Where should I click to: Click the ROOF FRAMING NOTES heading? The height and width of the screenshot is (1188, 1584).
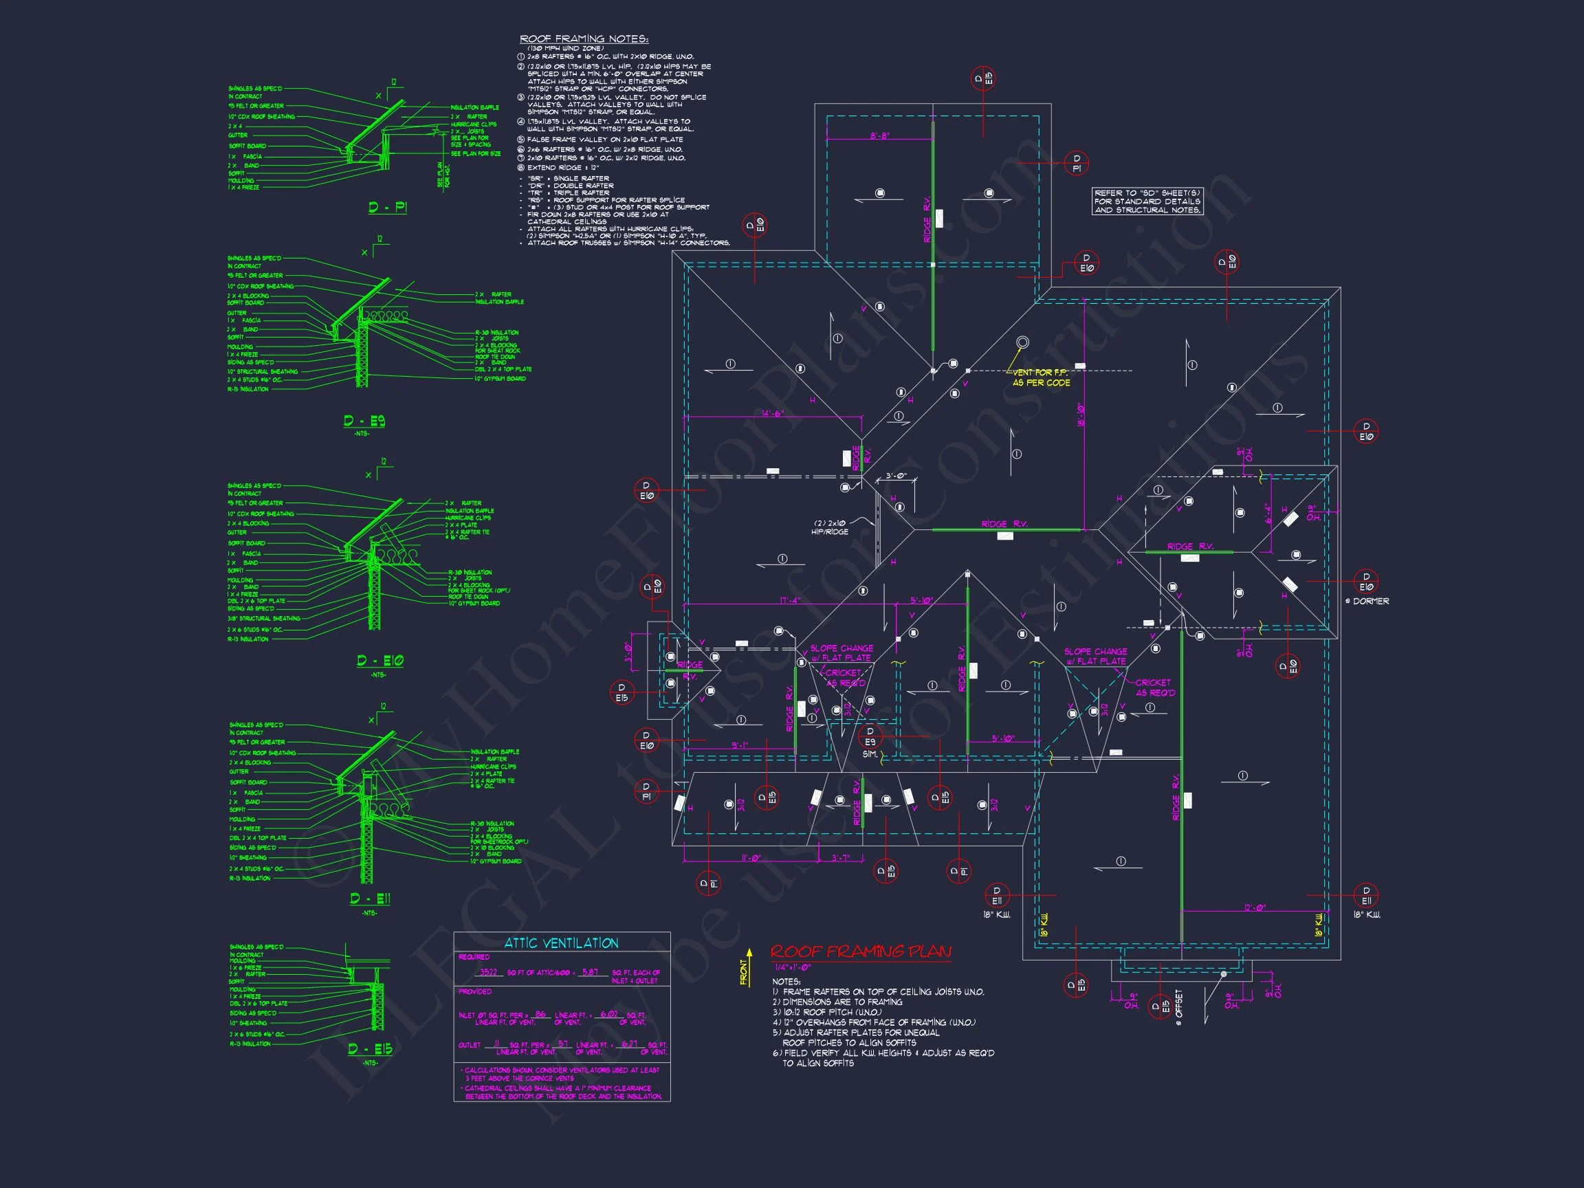coord(584,39)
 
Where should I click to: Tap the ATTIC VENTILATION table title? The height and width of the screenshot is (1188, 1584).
coord(561,943)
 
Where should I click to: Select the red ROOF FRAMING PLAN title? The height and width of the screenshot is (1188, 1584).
coord(861,951)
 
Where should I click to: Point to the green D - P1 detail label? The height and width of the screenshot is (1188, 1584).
coord(388,208)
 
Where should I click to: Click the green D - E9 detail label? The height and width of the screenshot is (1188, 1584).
coord(364,421)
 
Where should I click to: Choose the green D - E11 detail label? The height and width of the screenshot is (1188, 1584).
coord(371,899)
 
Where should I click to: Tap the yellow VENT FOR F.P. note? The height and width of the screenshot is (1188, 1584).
coord(1040,378)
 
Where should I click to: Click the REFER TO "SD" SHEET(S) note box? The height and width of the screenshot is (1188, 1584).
coord(1147,201)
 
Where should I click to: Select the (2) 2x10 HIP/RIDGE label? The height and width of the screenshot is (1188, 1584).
coord(830,527)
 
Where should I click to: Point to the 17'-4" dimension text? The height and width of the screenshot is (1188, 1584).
coord(791,601)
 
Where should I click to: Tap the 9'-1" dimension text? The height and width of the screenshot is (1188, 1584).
coord(739,745)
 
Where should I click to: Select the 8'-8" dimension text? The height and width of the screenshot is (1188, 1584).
coord(880,135)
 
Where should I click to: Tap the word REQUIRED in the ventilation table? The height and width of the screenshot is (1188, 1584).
coord(474,958)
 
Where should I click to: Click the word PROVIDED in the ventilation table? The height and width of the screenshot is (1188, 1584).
coord(475,992)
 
